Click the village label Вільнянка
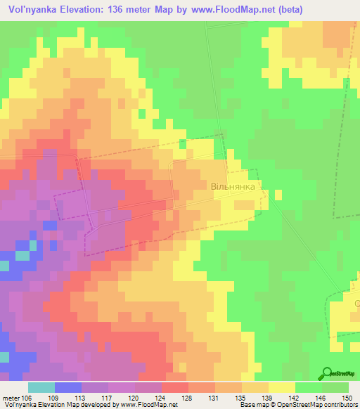236,188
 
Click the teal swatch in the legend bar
41,387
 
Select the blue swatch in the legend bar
67,387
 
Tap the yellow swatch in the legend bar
281,387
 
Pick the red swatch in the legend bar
174,387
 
